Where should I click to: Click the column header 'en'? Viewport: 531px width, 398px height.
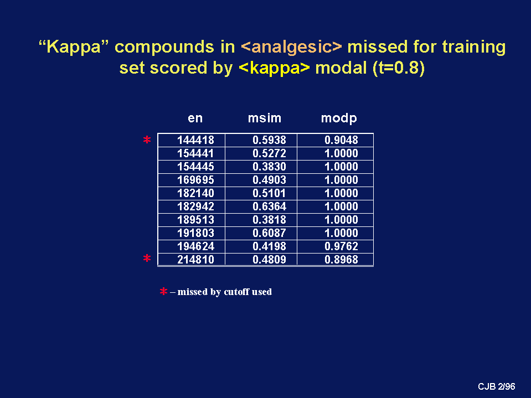(195, 118)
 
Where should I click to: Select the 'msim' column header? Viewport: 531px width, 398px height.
(265, 118)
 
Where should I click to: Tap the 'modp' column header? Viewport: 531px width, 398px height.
(339, 118)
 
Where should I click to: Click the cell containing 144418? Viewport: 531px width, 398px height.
(196, 140)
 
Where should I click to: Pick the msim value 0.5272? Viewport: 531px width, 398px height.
(269, 153)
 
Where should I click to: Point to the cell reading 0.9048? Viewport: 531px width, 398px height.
(341, 140)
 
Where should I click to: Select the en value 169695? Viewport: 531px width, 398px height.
(196, 180)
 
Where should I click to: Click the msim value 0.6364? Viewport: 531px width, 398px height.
(269, 206)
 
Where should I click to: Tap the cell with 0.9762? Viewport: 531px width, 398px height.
(341, 246)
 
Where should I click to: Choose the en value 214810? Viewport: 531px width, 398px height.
(196, 260)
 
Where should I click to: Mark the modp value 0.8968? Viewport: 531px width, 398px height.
(341, 260)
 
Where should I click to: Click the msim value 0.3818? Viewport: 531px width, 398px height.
(269, 220)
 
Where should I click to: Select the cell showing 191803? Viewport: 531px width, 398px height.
(196, 233)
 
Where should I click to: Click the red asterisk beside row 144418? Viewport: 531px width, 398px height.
(147, 139)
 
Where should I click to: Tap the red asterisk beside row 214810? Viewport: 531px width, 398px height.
(147, 259)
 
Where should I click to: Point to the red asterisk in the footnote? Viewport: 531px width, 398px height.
(163, 291)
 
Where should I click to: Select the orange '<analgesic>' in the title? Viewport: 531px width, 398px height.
(292, 46)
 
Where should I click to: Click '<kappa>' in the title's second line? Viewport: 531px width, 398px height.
(274, 68)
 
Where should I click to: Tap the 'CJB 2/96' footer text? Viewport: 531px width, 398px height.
(497, 386)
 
